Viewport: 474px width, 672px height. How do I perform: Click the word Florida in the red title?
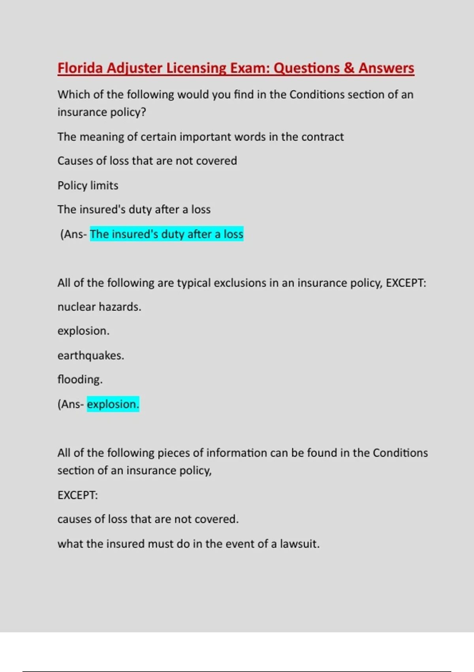[80, 68]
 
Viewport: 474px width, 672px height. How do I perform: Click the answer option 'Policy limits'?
[88, 185]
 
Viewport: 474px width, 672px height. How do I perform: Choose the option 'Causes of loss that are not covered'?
[147, 161]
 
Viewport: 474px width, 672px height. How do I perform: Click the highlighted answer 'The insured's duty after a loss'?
[166, 234]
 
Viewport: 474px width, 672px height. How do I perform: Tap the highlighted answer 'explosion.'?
[113, 404]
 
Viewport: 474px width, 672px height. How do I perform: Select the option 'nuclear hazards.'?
[99, 307]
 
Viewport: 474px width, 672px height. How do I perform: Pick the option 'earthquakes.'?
[90, 355]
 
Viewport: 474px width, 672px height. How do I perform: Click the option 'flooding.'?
[80, 379]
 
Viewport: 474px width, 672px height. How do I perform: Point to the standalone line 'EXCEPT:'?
[77, 495]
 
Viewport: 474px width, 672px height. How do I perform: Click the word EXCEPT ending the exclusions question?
[405, 283]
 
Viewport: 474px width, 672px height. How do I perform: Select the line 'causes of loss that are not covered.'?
[148, 519]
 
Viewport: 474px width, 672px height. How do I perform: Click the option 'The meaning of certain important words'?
[200, 137]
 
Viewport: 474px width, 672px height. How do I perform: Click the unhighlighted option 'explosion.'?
[83, 331]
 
